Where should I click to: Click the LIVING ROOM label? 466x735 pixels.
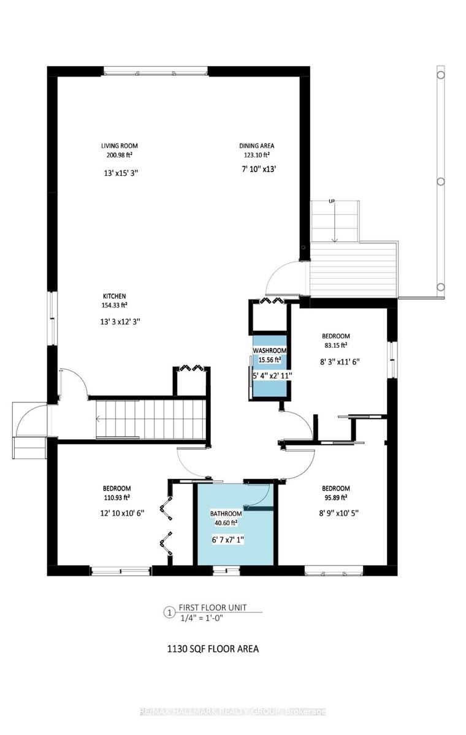(x=119, y=146)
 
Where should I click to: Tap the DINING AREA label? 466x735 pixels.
(x=256, y=146)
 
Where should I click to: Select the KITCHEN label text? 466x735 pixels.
(x=114, y=296)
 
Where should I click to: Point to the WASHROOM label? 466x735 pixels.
(x=270, y=351)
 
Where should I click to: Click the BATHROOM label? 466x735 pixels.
(x=226, y=514)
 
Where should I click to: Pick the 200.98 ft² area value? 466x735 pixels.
(x=119, y=155)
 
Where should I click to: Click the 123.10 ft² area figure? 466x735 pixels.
(x=256, y=155)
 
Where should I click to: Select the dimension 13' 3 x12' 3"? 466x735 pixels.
(x=120, y=322)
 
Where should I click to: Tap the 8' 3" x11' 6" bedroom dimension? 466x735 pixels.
(x=340, y=362)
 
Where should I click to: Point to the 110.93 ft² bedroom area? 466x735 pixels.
(x=117, y=498)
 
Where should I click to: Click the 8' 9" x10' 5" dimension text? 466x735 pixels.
(x=338, y=513)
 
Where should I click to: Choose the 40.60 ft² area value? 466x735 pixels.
(x=226, y=523)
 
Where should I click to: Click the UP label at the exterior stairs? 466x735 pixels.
(x=332, y=201)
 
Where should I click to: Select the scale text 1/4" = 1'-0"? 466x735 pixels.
(x=202, y=618)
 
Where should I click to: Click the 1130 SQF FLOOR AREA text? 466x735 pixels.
(x=213, y=649)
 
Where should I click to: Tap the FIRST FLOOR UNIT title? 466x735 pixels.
(x=213, y=608)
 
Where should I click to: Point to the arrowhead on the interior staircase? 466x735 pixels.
(x=98, y=418)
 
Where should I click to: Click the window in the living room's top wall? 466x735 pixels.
(x=156, y=71)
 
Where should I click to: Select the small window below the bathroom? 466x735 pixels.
(x=226, y=571)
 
